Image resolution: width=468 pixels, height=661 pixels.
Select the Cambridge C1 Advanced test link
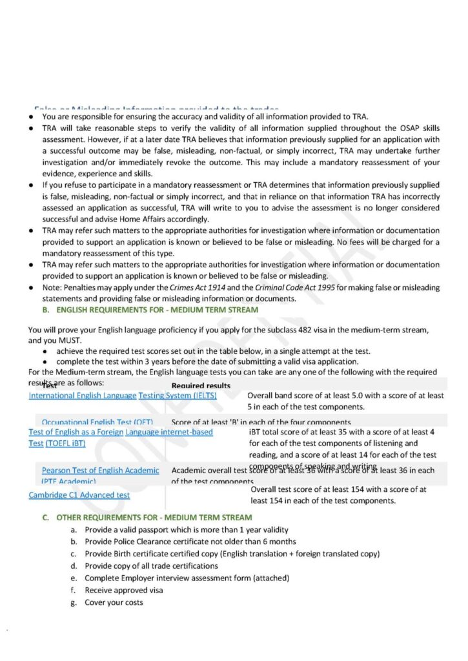pyautogui.click(x=79, y=495)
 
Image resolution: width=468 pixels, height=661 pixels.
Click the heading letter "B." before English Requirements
pyautogui.click(x=46, y=310)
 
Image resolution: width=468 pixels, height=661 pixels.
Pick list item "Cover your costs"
pyautogui.click(x=114, y=602)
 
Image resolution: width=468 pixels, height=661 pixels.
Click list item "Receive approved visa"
pyautogui.click(x=124, y=590)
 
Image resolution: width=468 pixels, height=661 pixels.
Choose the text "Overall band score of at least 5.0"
pyautogui.click(x=307, y=396)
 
